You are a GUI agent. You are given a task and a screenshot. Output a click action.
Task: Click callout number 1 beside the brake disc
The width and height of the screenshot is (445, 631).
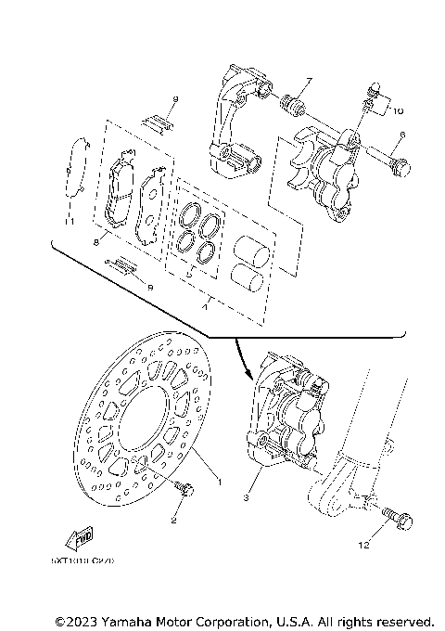tap(219, 481)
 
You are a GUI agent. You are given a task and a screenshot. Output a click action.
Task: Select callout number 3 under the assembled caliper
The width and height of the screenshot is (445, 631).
tap(247, 498)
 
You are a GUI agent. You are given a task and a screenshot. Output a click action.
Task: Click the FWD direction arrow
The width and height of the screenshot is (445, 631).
tap(83, 537)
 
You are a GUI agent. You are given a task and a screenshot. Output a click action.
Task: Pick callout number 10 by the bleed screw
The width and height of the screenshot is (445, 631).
tap(399, 110)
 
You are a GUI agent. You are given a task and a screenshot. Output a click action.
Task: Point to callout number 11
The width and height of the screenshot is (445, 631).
tap(68, 222)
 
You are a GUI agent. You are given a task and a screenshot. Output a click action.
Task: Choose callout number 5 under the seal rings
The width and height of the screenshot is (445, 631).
tap(189, 276)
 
